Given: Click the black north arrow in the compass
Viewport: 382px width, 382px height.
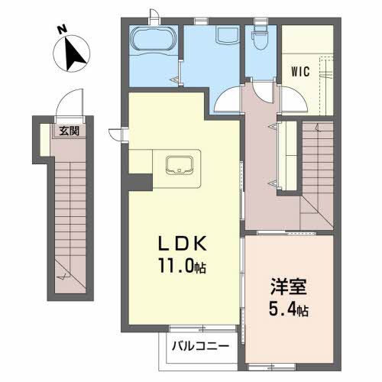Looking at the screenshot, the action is click(x=74, y=55).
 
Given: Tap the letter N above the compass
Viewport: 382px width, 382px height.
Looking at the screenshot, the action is click(x=62, y=30).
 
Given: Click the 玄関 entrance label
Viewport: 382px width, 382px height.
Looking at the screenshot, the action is click(x=70, y=131).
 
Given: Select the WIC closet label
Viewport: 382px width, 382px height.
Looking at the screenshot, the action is click(x=300, y=72).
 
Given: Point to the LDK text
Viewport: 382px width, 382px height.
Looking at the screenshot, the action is click(x=183, y=244).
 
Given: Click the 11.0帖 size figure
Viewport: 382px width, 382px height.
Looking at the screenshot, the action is click(x=183, y=266).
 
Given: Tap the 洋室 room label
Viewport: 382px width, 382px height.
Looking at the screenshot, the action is click(x=289, y=286).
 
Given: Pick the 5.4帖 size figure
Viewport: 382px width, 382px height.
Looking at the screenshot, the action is click(x=289, y=309).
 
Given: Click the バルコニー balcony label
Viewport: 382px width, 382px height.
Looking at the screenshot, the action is click(x=200, y=346).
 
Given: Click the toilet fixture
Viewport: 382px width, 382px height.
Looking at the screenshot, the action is click(x=260, y=37).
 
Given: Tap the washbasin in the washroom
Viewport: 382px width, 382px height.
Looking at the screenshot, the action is click(x=228, y=34).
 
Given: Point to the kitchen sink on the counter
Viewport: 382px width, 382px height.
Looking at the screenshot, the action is click(x=180, y=165).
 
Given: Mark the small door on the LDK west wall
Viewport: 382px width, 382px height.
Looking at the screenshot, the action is click(x=117, y=134).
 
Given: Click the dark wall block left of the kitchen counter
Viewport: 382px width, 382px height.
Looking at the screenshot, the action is click(x=141, y=182).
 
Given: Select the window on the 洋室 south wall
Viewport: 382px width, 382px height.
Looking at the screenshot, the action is click(x=272, y=367).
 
